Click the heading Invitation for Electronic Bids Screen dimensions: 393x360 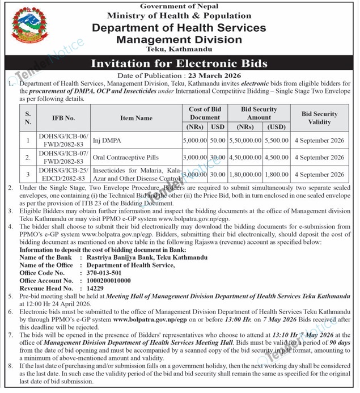179,63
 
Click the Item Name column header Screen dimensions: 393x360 137,118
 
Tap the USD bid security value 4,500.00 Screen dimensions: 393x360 277,157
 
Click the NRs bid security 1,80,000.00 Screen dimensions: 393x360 244,175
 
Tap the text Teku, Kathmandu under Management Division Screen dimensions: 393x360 179,49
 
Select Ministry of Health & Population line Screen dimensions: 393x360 179,16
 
